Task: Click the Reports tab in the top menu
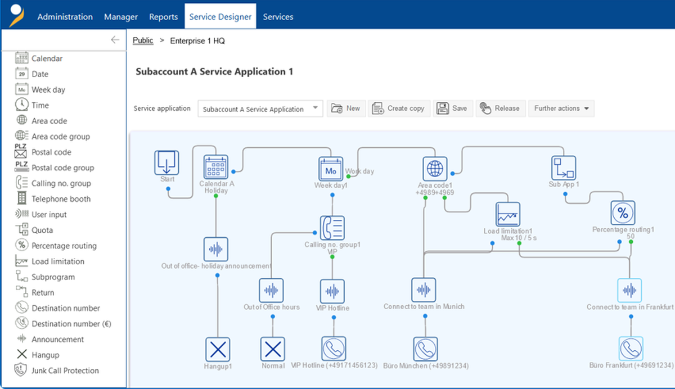pos(163,16)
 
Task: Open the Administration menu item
pos(65,16)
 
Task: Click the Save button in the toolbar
pos(453,108)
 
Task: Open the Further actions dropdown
pos(561,108)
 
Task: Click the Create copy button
pos(399,108)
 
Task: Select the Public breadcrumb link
pos(143,40)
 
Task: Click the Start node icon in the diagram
pos(166,162)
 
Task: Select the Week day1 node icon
pos(331,169)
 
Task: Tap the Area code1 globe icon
pos(435,169)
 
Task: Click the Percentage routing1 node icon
pos(623,213)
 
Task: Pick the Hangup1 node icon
pos(218,349)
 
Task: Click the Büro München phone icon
pos(425,349)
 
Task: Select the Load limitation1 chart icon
pos(508,214)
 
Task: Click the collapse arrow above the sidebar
pos(115,40)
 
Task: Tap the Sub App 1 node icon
pos(564,168)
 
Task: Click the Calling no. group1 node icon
pos(332,228)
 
